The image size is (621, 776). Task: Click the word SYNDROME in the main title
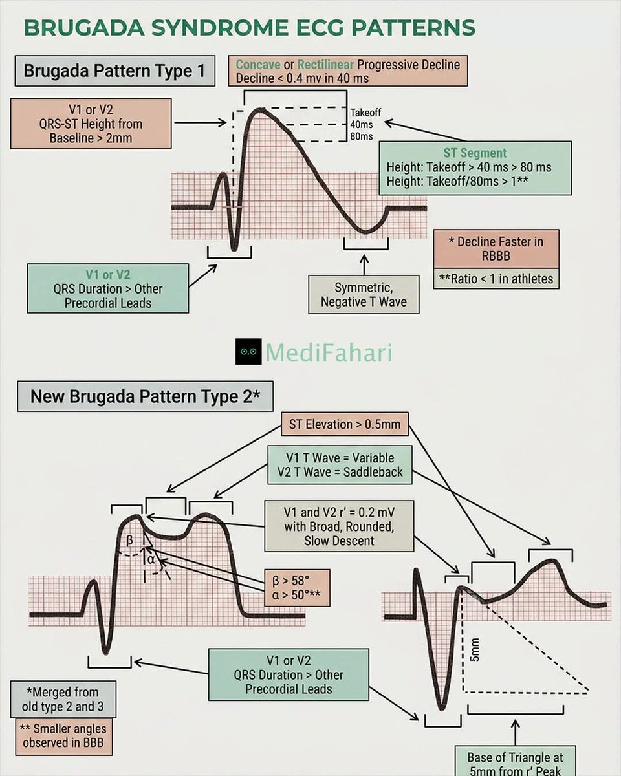(x=219, y=28)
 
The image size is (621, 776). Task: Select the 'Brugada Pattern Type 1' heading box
(x=114, y=70)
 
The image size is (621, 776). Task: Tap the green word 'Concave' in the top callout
(x=257, y=65)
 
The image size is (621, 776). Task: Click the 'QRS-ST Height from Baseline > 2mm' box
(x=91, y=124)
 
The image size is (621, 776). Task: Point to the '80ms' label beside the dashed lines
(x=361, y=136)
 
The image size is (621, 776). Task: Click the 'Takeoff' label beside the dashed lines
(x=365, y=113)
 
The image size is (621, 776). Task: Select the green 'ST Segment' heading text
(x=475, y=153)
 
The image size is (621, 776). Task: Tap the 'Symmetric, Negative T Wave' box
(x=364, y=295)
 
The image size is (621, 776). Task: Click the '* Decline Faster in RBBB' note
(x=496, y=249)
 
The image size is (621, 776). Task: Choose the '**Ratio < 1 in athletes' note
(x=496, y=279)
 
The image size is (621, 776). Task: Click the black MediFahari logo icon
(x=248, y=351)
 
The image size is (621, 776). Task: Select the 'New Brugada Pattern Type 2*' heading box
(x=145, y=396)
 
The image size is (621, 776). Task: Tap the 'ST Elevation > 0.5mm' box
(x=345, y=424)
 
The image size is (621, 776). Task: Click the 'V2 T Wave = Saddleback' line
(x=340, y=472)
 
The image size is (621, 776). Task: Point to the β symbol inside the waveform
(x=129, y=540)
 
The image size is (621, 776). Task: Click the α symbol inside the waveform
(x=151, y=560)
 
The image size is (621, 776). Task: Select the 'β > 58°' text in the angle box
(x=290, y=581)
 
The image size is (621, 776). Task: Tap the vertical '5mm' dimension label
(x=475, y=650)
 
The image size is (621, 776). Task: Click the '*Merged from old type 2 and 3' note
(x=63, y=699)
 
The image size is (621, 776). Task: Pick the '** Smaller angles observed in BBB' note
(x=63, y=736)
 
